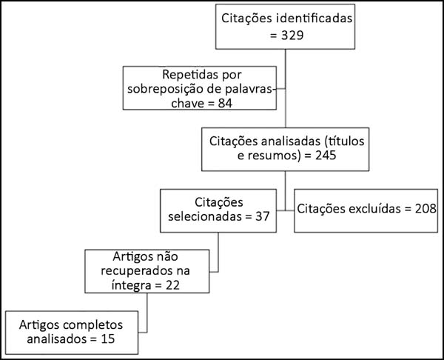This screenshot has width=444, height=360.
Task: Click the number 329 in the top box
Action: pos(292,36)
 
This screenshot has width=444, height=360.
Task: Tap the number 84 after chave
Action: pos(225,103)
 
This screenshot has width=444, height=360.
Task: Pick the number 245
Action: pos(326,155)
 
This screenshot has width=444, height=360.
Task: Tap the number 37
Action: pos(263,216)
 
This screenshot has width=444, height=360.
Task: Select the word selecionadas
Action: pos(205,216)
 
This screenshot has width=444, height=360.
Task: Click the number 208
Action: pos(425,209)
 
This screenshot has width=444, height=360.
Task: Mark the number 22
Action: pos(172,285)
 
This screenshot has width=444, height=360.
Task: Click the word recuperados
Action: pos(139,271)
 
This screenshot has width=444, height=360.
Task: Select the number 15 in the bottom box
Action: pos(107,339)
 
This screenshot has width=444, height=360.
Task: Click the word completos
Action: pos(93,325)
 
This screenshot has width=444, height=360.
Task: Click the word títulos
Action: pos(344,141)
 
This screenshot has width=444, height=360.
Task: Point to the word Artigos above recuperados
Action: pos(129,257)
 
